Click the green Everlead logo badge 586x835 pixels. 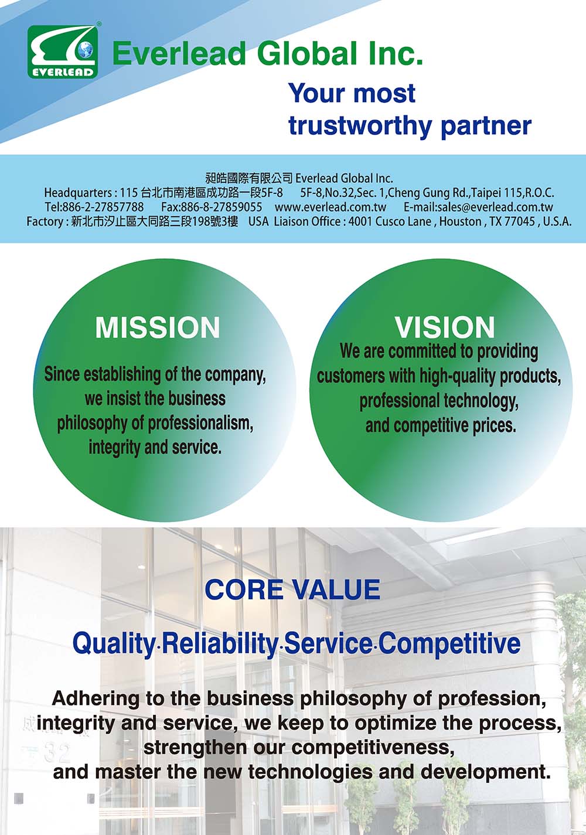(63, 52)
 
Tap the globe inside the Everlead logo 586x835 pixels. (86, 50)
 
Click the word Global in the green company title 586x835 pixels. (308, 53)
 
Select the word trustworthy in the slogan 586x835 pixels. (360, 126)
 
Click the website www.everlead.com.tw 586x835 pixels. (331, 207)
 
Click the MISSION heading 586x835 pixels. (158, 328)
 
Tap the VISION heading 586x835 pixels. (445, 328)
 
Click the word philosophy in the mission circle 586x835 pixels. (92, 424)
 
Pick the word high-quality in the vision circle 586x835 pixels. (458, 376)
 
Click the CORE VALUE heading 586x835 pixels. (292, 589)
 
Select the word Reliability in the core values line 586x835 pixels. (220, 644)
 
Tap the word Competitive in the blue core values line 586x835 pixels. (449, 644)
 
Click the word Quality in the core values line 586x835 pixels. (114, 645)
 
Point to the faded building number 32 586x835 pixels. (57, 753)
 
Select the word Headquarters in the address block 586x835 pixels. (77, 193)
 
